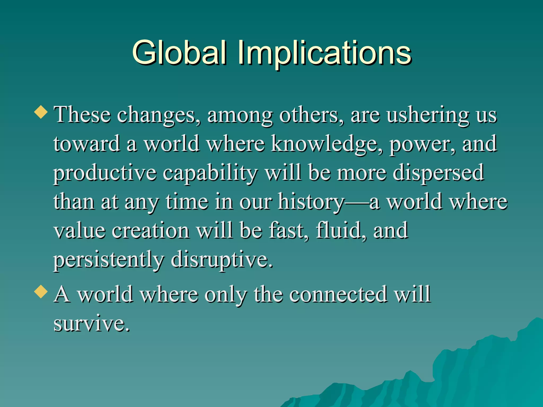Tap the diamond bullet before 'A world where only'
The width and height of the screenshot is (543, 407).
point(41,291)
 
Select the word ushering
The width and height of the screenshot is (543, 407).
point(427,116)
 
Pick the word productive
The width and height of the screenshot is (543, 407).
point(105,174)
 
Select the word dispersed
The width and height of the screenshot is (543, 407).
point(438,174)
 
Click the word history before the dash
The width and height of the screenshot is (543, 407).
point(311,202)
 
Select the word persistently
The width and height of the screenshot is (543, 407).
point(109,260)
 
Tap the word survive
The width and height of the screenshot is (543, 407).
point(91,324)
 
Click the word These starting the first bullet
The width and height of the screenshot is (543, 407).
point(82,115)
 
